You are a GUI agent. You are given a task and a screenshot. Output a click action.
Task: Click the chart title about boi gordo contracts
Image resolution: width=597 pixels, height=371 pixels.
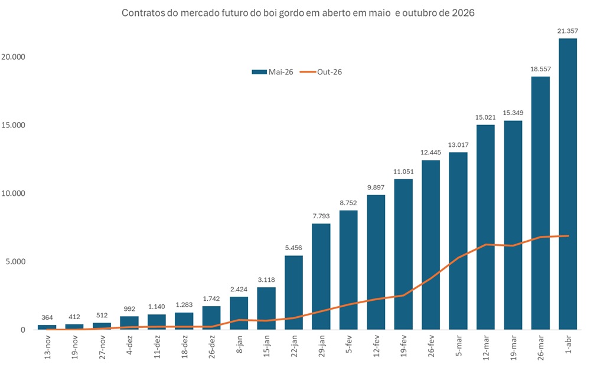[298, 12]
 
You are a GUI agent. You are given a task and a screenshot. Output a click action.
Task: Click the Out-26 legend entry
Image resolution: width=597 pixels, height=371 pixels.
[321, 72]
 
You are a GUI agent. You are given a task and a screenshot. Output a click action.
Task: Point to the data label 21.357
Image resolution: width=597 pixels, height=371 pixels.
[567, 31]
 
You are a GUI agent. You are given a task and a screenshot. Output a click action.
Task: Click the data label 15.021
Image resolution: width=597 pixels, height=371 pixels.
[485, 117]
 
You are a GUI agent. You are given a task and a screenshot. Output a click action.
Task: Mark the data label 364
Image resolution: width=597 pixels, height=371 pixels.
[47, 317]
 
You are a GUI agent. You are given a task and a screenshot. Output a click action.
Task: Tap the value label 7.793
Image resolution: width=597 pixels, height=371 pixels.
[321, 216]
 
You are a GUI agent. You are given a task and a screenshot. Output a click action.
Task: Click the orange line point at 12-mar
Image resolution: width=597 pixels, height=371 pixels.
[485, 245]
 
